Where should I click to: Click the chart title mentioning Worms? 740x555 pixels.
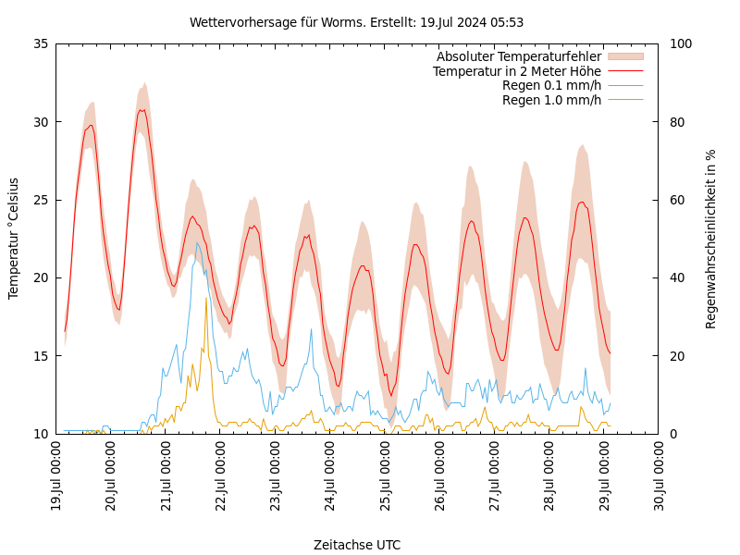coord(356,22)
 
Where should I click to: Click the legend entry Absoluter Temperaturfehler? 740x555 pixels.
coord(518,56)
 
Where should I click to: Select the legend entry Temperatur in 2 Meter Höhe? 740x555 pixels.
coord(516,71)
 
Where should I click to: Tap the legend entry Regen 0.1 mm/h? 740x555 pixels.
coord(551,86)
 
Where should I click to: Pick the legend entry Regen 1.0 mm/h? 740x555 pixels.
coord(551,100)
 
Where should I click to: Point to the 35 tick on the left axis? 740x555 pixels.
coord(40,43)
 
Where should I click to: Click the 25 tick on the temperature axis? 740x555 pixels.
coord(40,200)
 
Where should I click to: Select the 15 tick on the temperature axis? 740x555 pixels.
coord(40,356)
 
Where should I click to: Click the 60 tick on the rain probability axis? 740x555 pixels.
coord(676,200)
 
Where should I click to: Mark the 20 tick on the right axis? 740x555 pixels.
coord(676,356)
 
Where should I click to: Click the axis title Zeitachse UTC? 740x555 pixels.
coord(357,545)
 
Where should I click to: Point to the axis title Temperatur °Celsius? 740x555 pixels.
coord(14,238)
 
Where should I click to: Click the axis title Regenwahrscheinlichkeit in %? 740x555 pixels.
coord(711,238)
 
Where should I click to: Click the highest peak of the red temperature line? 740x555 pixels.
coord(142,110)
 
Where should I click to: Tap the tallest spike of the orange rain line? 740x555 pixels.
coord(206,298)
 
